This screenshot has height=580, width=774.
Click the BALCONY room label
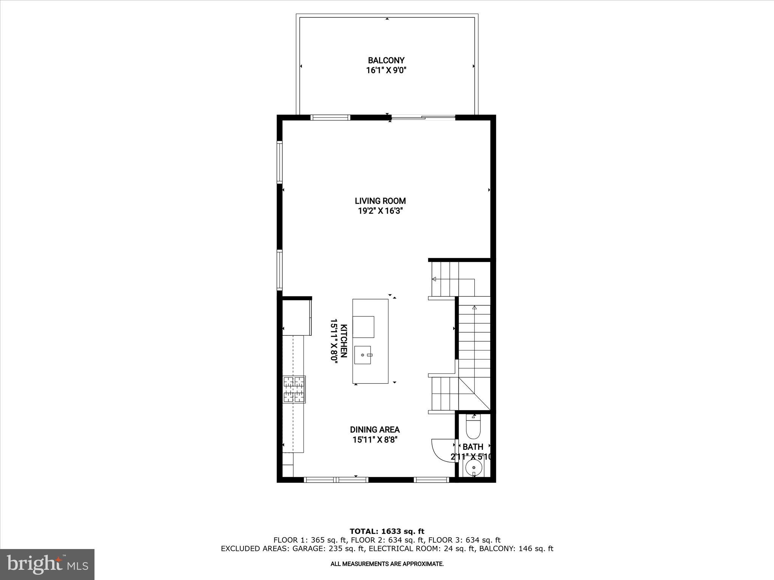point(386,60)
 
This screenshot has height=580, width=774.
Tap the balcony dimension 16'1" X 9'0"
point(386,70)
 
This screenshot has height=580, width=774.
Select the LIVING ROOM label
point(380,201)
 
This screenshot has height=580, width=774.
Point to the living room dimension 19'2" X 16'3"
point(380,211)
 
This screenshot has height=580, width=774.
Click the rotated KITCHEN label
point(344,341)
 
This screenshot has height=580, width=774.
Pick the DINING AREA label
point(375,430)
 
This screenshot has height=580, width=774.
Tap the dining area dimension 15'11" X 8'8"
point(375,440)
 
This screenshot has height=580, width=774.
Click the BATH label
point(473,447)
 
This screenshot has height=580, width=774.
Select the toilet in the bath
point(473,427)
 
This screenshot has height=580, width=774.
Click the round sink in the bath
point(473,468)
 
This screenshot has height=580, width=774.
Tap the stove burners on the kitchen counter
point(294,389)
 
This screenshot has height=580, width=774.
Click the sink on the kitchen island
point(362,355)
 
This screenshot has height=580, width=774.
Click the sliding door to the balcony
point(423,118)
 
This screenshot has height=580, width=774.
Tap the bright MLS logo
point(47,564)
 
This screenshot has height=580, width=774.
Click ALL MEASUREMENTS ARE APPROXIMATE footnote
point(387,564)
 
